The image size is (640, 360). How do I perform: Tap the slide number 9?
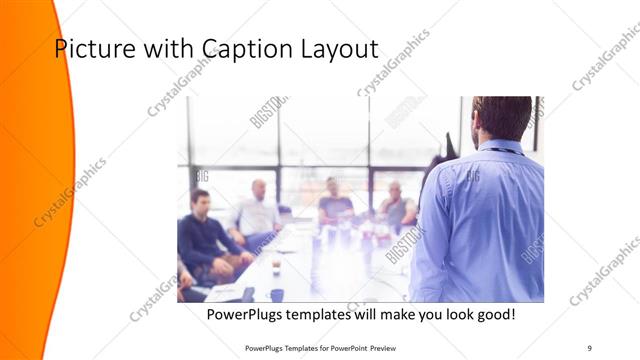[590, 347]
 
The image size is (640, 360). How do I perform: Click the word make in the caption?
[399, 315]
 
